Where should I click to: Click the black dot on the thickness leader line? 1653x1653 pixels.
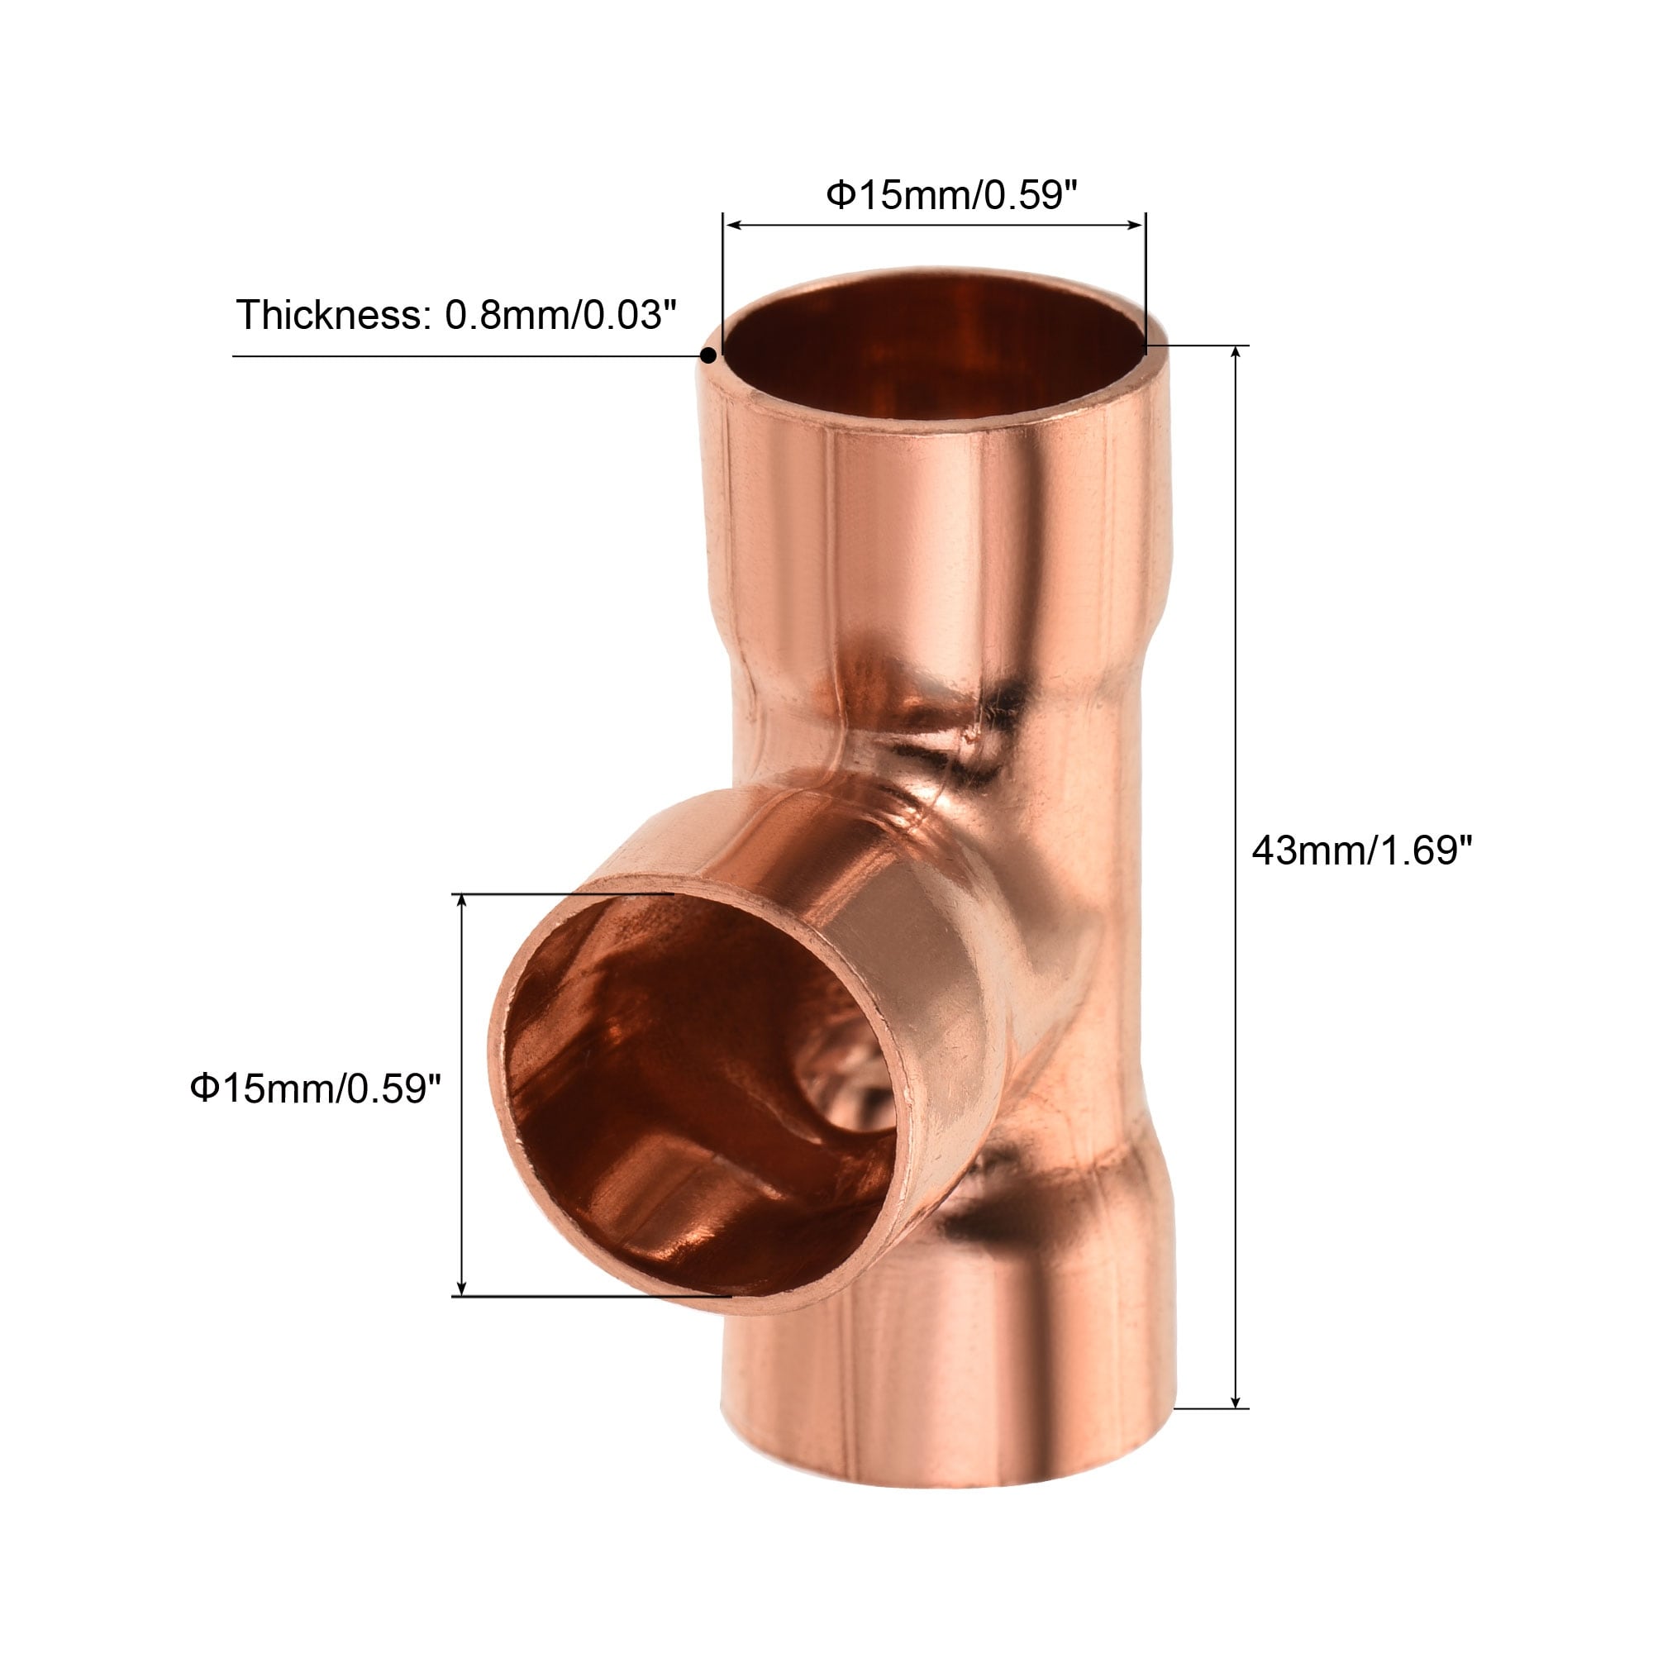pos(708,356)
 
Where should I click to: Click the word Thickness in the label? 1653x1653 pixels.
pos(329,315)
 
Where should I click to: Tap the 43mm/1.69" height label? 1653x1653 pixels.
pos(1362,850)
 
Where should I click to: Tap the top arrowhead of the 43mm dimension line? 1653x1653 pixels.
pos(1235,354)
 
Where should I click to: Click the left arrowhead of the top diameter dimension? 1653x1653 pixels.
pos(733,225)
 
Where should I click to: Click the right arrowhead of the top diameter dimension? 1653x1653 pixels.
pos(1136,225)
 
